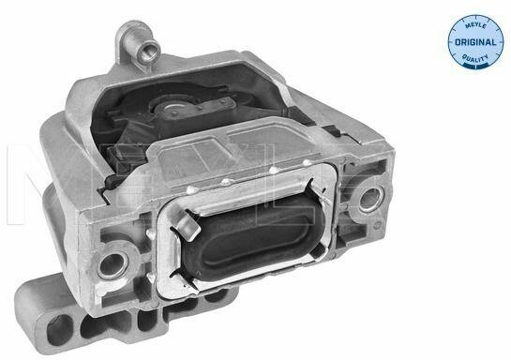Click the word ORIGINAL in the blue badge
tap(475, 42)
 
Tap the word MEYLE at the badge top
tap(475, 25)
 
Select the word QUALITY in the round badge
tap(475, 58)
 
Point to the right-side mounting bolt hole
tap(369, 198)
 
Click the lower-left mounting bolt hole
tap(113, 263)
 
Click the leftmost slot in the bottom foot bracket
tap(59, 330)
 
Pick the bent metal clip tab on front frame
tap(188, 224)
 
